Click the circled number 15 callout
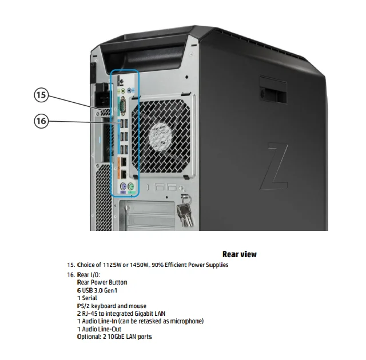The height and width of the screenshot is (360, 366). coord(41,95)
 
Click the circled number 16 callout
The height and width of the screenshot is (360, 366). coord(41,121)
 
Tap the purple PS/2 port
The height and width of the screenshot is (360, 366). coord(122,187)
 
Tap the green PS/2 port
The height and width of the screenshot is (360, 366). coord(131,187)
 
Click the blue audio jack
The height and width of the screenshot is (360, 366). coord(130,90)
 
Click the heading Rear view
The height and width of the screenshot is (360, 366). coord(239,254)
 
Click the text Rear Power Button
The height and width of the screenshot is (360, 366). coord(102,282)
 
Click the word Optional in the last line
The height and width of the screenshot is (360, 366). coord(89,337)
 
